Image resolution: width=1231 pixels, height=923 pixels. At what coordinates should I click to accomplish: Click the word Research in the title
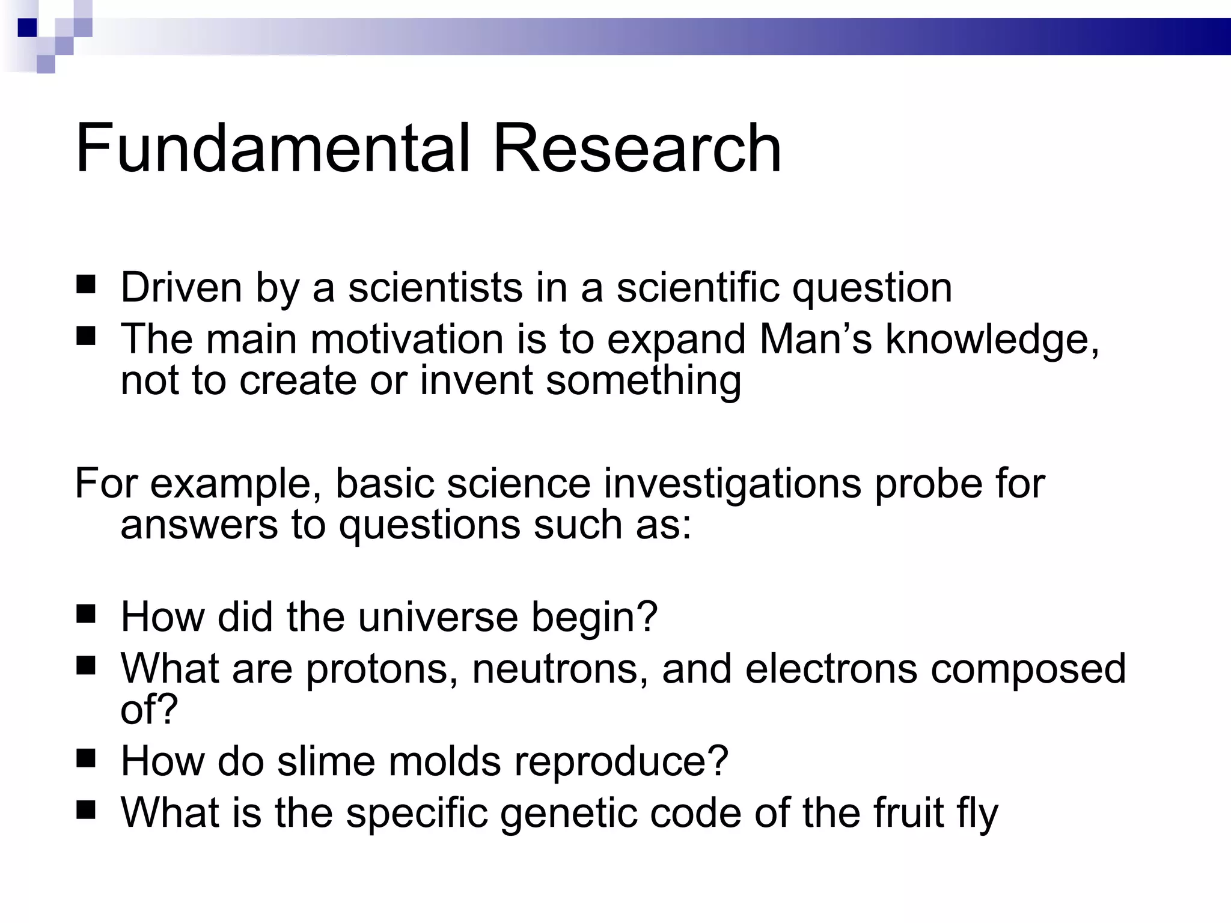pos(637,148)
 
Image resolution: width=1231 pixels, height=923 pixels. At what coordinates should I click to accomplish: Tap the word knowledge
pos(992,340)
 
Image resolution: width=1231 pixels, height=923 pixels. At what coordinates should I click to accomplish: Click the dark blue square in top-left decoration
pos(28,28)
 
